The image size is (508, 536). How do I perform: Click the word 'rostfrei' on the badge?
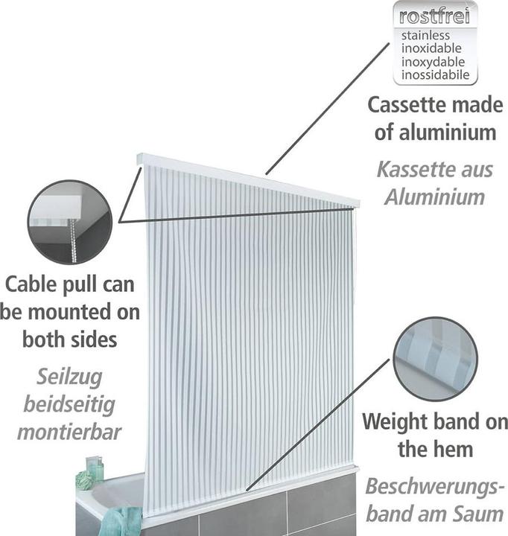[435, 16]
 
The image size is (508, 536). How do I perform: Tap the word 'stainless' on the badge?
[427, 36]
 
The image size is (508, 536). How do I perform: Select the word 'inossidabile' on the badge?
[435, 74]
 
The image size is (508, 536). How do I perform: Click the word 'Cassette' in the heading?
[407, 105]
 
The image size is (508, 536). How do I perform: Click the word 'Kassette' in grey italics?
[410, 169]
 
